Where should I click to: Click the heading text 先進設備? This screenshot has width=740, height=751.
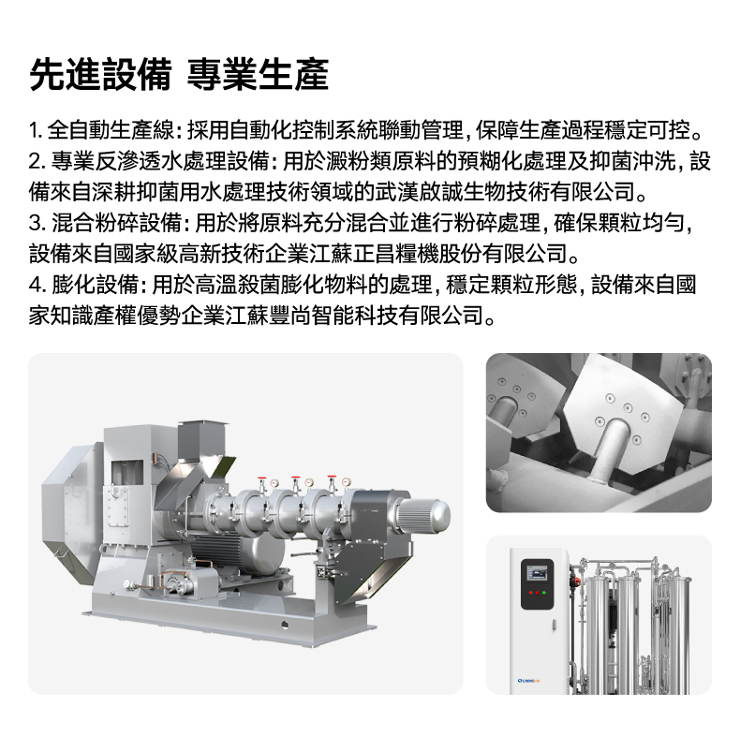click(x=100, y=75)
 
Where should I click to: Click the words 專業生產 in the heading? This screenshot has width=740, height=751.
click(x=258, y=75)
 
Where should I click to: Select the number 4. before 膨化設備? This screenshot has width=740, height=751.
click(x=37, y=286)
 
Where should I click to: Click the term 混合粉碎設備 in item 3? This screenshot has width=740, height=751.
click(x=116, y=223)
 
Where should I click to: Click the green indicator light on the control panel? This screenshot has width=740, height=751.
click(x=544, y=593)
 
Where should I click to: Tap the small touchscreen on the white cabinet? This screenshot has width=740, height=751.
click(x=536, y=573)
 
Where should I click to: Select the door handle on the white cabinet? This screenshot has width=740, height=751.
click(x=554, y=625)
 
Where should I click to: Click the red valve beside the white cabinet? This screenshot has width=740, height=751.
click(x=576, y=582)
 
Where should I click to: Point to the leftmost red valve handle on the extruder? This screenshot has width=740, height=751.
click(x=261, y=478)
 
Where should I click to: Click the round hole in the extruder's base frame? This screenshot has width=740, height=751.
click(x=285, y=625)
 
